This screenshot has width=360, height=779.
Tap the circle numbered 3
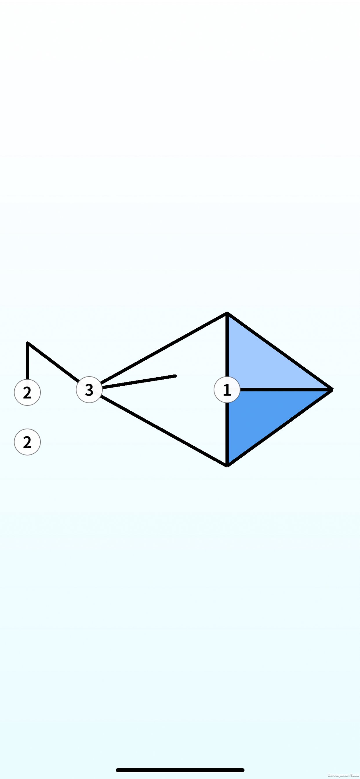point(89,389)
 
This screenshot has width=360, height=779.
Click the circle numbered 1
point(227,389)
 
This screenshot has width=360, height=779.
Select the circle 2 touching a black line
point(27,392)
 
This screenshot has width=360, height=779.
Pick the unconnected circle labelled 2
point(27,442)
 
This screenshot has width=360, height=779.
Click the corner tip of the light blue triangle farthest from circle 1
point(227,314)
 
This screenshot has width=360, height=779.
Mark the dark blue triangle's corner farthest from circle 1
point(227,465)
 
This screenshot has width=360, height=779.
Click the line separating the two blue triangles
point(284,389)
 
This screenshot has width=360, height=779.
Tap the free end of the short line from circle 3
point(175,376)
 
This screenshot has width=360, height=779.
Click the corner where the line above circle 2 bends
point(28,343)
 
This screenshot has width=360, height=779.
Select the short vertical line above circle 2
point(27,361)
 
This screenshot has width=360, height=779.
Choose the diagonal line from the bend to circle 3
point(53,362)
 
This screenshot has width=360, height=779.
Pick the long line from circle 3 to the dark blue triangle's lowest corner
point(163,431)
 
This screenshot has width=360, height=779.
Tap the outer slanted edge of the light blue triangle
point(280,352)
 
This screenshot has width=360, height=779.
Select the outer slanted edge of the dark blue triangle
point(280,427)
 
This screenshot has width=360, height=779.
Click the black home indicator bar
point(180,770)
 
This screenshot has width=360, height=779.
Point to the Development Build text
point(343,775)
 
